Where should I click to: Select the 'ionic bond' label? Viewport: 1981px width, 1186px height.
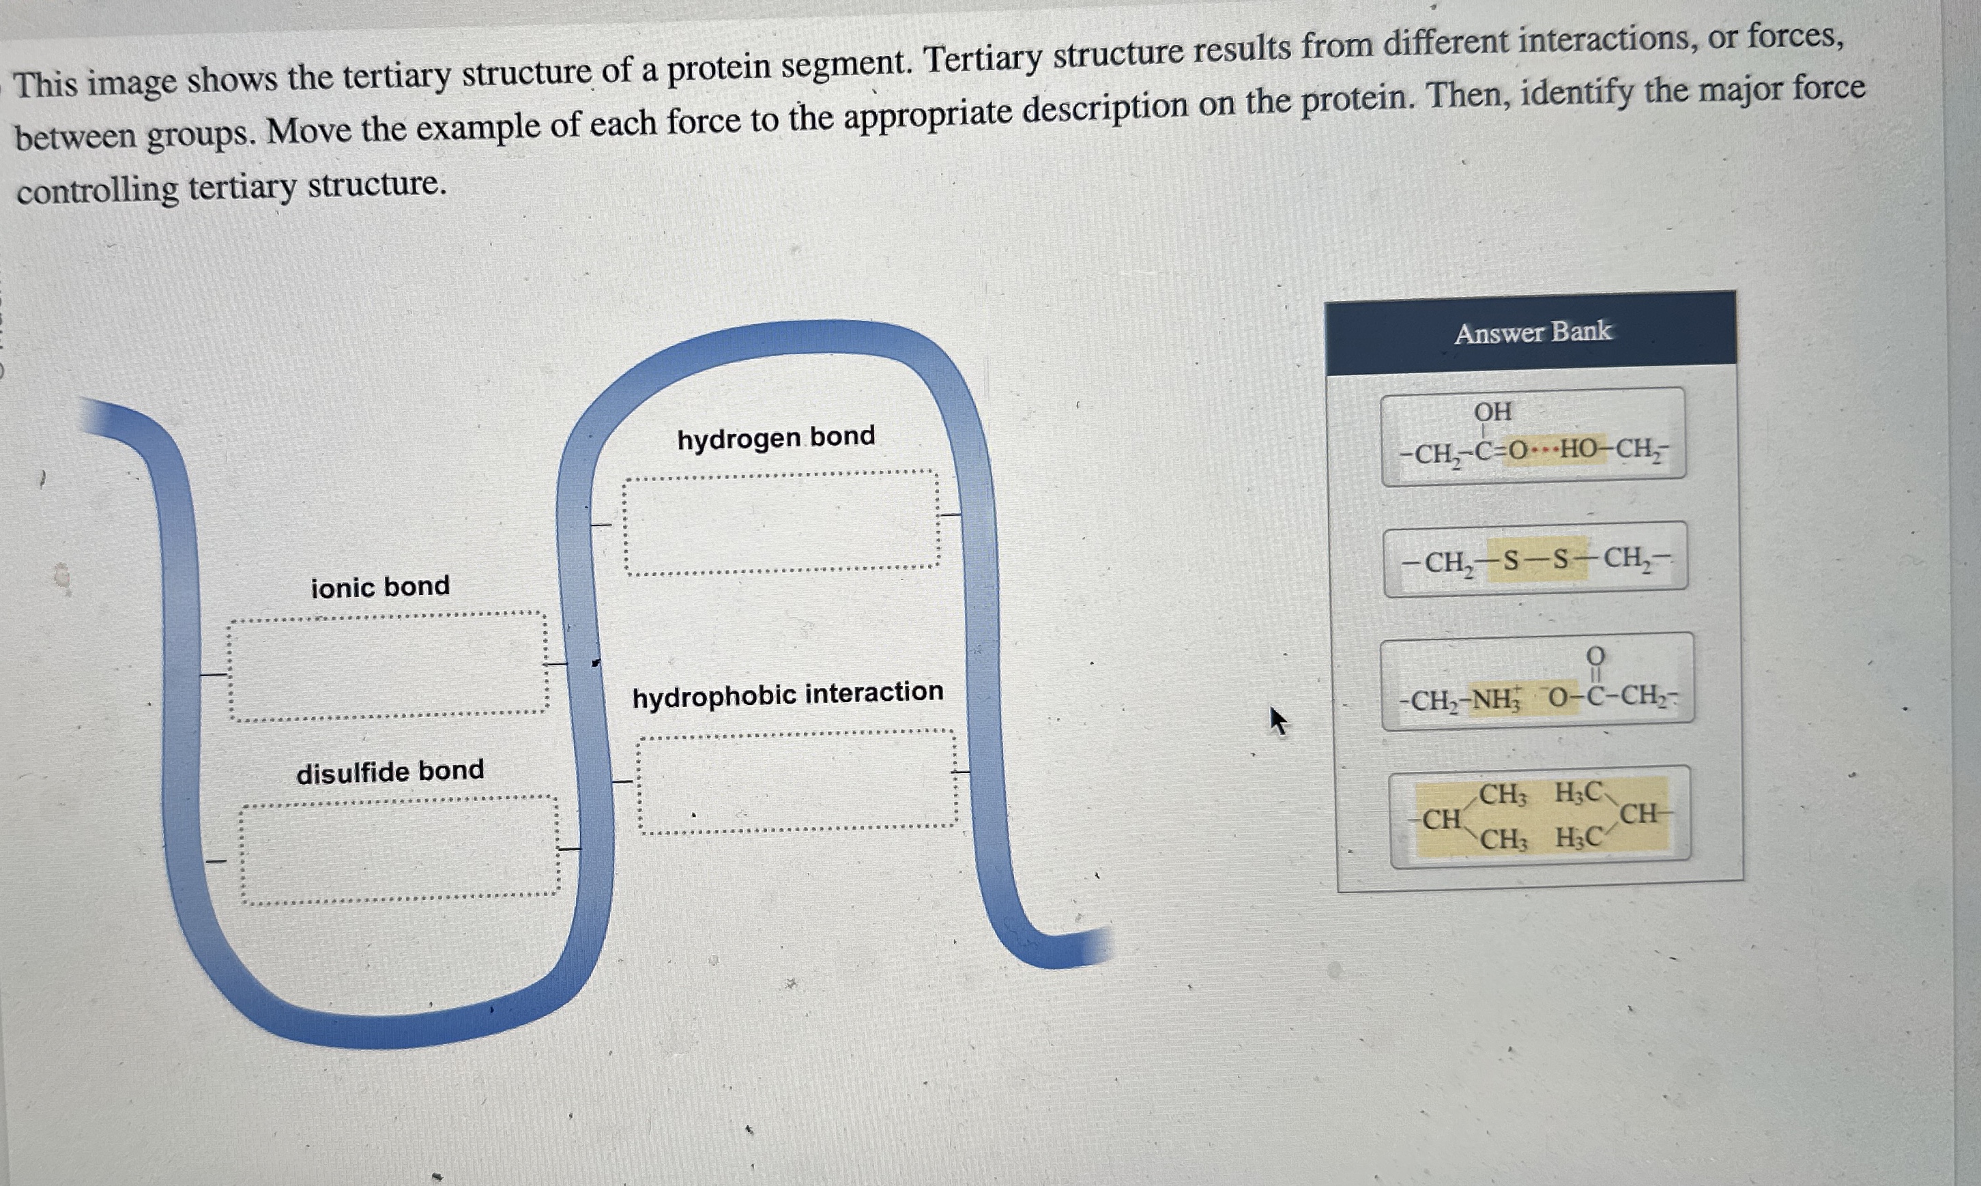click(380, 588)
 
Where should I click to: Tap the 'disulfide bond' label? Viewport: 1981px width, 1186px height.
click(390, 771)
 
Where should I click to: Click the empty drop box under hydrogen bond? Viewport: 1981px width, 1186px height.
click(781, 523)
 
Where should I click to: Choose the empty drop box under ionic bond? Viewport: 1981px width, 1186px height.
click(388, 666)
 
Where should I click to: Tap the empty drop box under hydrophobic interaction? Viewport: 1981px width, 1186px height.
click(797, 781)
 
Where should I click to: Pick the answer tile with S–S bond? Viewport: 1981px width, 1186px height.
click(1535, 560)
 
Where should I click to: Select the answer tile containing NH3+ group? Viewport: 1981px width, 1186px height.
click(1537, 682)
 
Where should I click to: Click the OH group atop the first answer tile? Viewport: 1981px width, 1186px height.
click(1492, 411)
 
